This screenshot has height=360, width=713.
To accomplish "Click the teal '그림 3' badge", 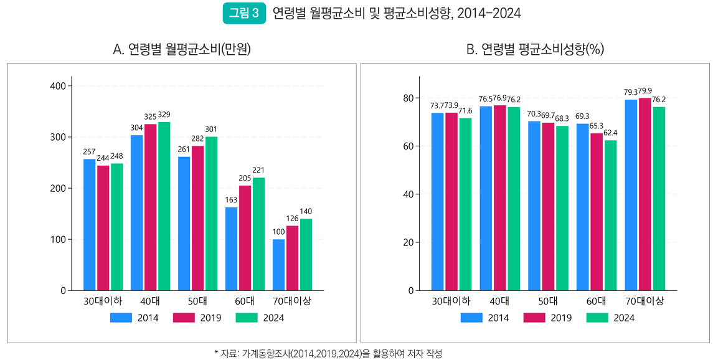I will coord(243,14).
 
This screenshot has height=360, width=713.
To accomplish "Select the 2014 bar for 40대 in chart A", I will coord(136,212).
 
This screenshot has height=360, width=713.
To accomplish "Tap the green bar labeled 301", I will coord(211,213).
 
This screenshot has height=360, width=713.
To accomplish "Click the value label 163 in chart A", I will coord(231,201).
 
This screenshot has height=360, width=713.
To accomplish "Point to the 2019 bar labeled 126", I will coord(292,258).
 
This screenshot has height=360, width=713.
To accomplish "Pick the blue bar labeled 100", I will coord(278,265).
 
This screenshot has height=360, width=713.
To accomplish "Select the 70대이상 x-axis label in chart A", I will coord(292,301).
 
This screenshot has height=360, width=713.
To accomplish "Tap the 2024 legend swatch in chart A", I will coord(247,318).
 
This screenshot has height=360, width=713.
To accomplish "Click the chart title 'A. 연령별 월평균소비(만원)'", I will coord(182,50).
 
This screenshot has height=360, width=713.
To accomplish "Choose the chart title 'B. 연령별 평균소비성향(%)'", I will coord(535,50).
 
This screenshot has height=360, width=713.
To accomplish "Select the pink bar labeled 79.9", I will coord(645,194).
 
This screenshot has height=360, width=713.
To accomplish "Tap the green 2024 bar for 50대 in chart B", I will coord(562,208).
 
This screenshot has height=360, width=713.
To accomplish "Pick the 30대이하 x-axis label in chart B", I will coord(451,301).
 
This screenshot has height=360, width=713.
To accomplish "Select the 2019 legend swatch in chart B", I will coord(534,318).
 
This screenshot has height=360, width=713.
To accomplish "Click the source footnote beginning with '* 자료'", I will coord(328,353).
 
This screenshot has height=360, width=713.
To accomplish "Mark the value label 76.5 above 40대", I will coord(486,99).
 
